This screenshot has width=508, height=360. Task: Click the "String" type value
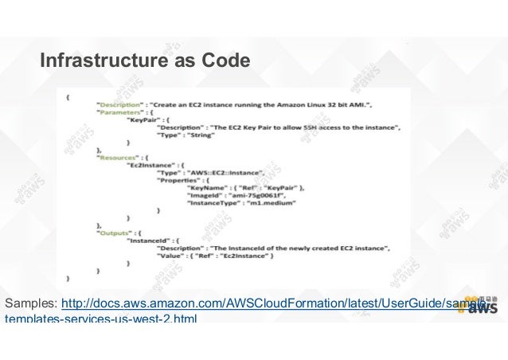click(x=199, y=135)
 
